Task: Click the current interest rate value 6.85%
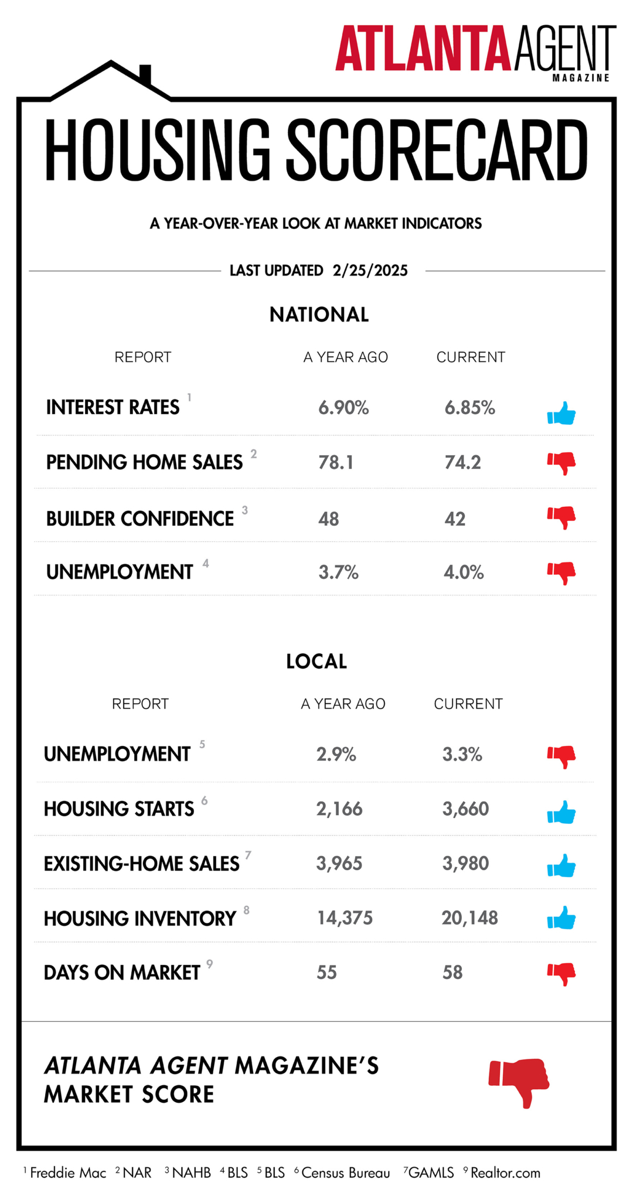click(x=469, y=408)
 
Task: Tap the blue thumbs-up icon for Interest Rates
click(x=561, y=413)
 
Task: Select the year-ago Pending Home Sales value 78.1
click(x=336, y=462)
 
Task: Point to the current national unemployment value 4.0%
click(x=464, y=572)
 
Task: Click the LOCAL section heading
click(x=316, y=662)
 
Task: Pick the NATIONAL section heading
click(x=319, y=315)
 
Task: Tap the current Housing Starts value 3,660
click(x=465, y=809)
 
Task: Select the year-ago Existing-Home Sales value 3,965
click(x=339, y=864)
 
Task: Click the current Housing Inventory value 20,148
click(x=469, y=918)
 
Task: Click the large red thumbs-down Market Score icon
click(x=519, y=1083)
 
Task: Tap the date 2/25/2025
click(x=370, y=271)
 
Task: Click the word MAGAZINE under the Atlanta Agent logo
click(x=581, y=78)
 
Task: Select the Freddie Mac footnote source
click(x=68, y=1172)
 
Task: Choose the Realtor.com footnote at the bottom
click(x=505, y=1172)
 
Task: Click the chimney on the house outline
click(x=145, y=74)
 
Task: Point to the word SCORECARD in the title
click(x=437, y=149)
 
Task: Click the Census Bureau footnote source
click(x=346, y=1172)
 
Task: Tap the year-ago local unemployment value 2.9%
click(x=336, y=755)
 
